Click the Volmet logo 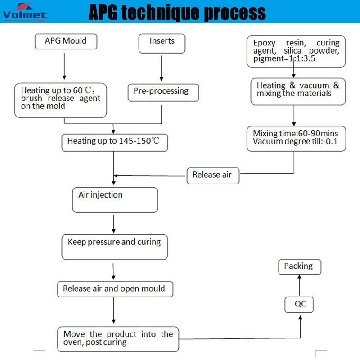pyautogui.click(x=24, y=12)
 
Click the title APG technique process pyautogui.click(x=177, y=13)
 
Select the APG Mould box pyautogui.click(x=65, y=42)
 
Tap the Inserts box pyautogui.click(x=162, y=42)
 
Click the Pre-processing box pyautogui.click(x=161, y=91)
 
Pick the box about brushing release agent pyautogui.click(x=61, y=99)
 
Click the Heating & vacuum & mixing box pyautogui.click(x=298, y=90)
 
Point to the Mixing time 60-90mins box pyautogui.click(x=295, y=138)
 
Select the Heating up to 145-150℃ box pyautogui.click(x=113, y=141)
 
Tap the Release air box pyautogui.click(x=212, y=175)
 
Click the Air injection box pyautogui.click(x=115, y=199)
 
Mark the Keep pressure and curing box pyautogui.click(x=114, y=247)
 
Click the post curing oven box pyautogui.click(x=118, y=339)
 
